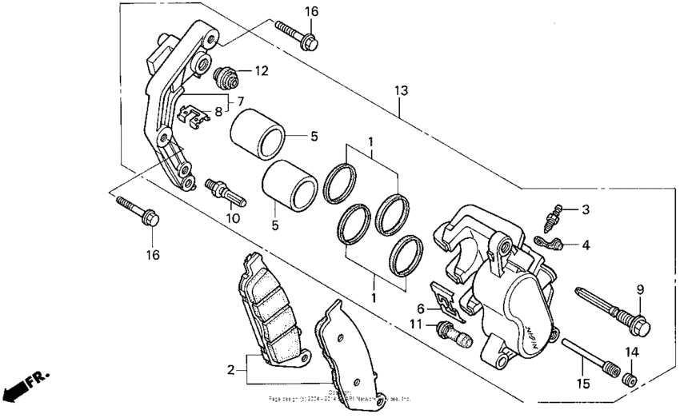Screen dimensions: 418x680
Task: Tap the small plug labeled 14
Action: (630, 377)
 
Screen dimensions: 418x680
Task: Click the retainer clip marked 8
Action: (194, 117)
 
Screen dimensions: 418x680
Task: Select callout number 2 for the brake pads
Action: (231, 370)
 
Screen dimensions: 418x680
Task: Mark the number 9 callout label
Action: (640, 289)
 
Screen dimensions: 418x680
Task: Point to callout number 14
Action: (631, 352)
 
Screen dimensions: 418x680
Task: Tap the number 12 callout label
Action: (262, 71)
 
